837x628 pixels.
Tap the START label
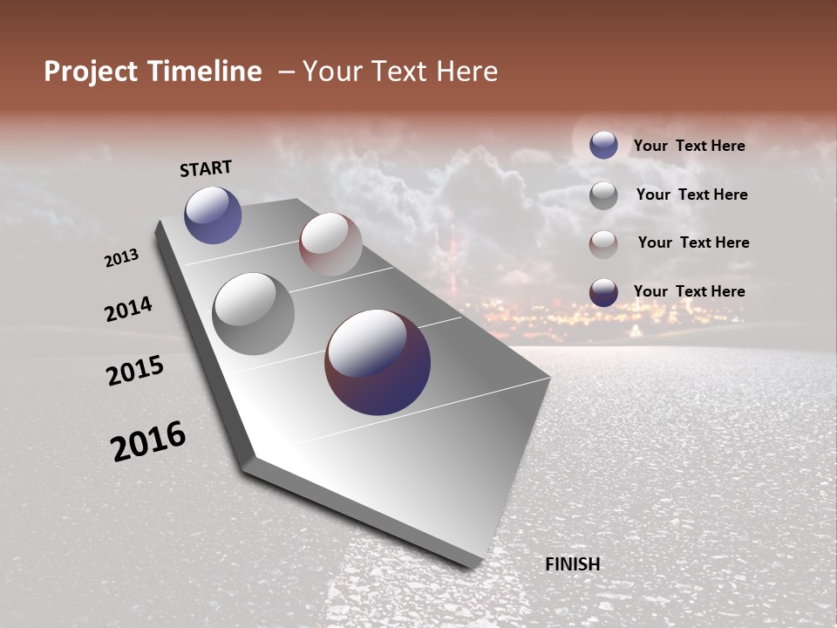(206, 168)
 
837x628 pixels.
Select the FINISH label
(573, 564)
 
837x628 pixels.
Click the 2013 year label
(121, 258)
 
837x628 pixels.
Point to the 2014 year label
(128, 309)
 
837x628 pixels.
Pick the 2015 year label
(135, 371)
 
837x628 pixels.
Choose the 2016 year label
(148, 441)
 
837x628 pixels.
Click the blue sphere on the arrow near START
(213, 215)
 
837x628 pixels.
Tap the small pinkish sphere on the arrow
(330, 244)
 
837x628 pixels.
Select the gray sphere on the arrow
(253, 314)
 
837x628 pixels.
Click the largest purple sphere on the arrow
(378, 362)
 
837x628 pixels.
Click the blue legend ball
(603, 145)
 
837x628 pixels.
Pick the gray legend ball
(603, 195)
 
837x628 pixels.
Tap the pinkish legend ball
(603, 244)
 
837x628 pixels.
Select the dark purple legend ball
(603, 292)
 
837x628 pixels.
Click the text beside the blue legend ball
(689, 146)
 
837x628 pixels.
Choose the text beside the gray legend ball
(691, 195)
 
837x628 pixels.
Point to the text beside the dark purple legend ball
(689, 291)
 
